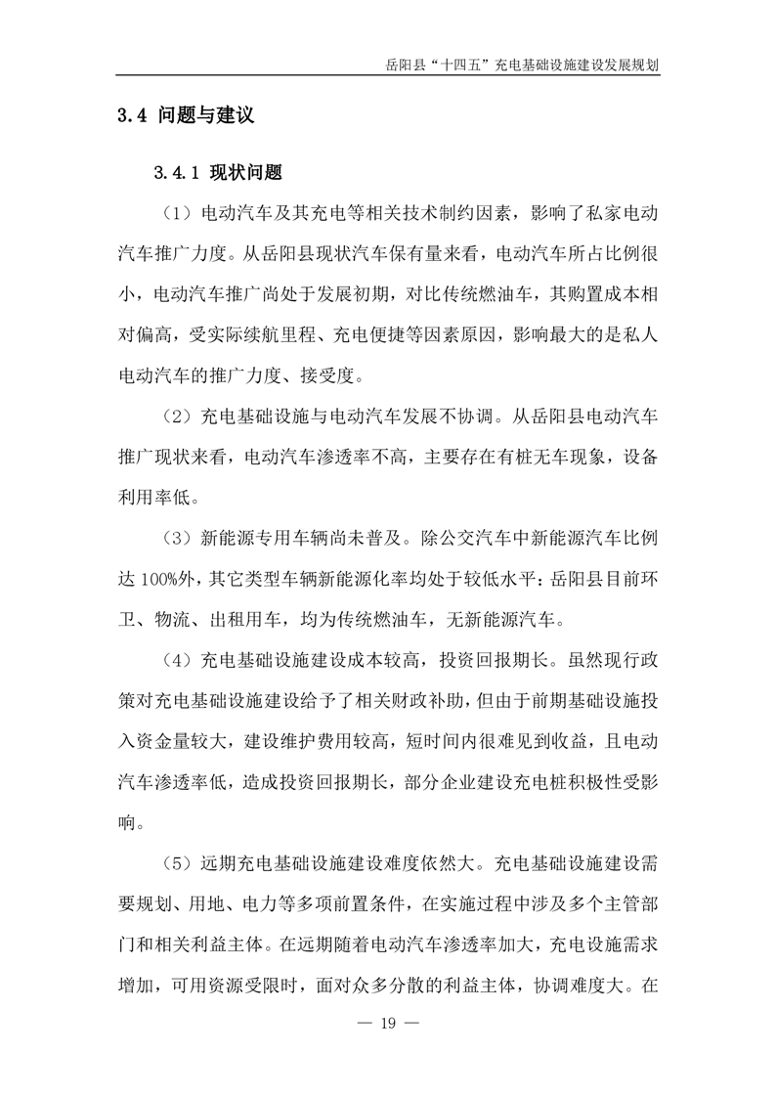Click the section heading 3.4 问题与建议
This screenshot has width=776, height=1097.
tap(186, 115)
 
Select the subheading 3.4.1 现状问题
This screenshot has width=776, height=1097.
tap(218, 173)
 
